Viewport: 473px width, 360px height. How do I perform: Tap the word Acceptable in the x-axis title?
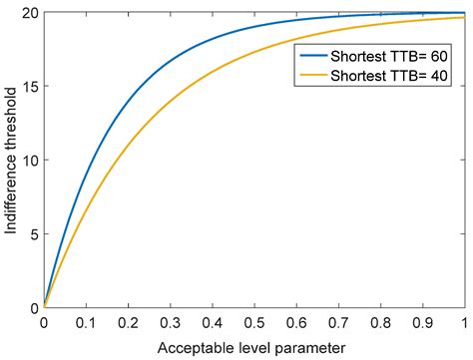pyautogui.click(x=191, y=347)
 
